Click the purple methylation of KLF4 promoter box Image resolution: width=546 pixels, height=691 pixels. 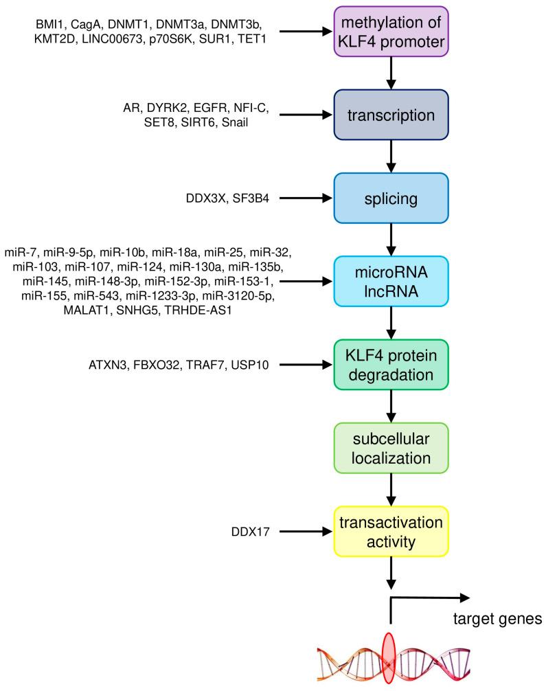click(x=391, y=32)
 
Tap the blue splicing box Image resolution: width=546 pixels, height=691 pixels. click(x=391, y=199)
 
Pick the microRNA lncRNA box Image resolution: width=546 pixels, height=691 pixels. click(x=391, y=281)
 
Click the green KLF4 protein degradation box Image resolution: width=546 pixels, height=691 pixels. click(x=391, y=363)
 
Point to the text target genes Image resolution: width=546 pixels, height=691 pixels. click(x=498, y=620)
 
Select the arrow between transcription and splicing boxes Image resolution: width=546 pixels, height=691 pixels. click(x=391, y=157)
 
